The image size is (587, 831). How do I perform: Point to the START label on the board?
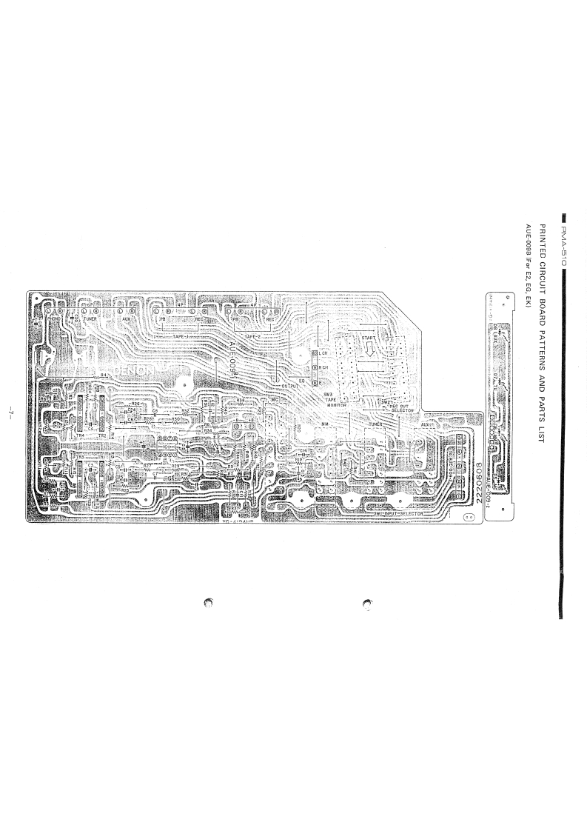coord(369,339)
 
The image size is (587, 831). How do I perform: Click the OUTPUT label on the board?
coord(289,386)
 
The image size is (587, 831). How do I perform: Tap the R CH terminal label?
coord(324,367)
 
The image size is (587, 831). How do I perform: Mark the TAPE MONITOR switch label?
coord(337,401)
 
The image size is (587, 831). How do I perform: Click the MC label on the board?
coord(274,399)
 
